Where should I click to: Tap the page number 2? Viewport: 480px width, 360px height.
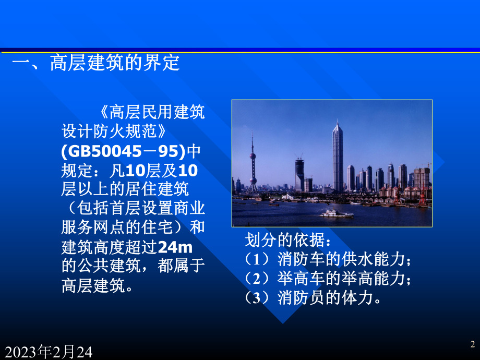coord(472,344)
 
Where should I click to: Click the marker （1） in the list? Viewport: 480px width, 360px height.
coord(260,259)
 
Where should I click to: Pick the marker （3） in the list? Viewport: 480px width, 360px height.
coord(260,297)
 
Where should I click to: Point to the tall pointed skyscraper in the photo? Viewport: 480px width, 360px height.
coord(338,157)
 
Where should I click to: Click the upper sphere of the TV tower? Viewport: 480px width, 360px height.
coord(253,156)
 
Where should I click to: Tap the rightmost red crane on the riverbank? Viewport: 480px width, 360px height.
coord(422,197)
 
